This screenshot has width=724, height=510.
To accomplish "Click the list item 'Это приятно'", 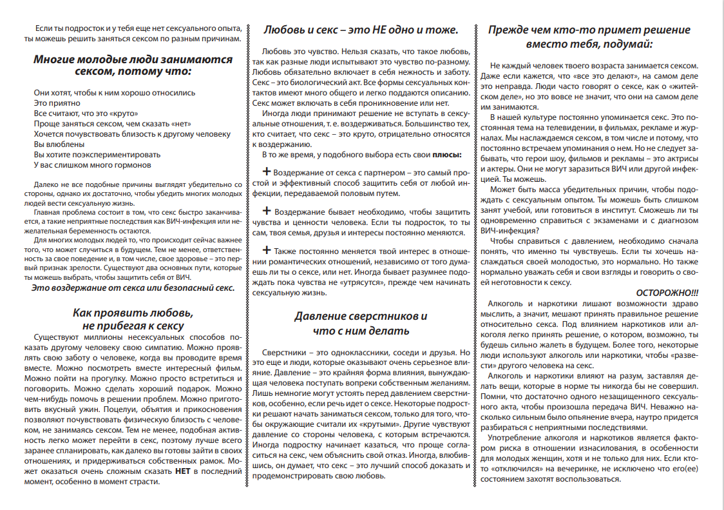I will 57,103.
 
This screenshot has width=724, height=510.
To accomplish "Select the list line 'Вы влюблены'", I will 59,144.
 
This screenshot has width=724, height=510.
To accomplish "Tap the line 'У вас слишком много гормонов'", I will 92,164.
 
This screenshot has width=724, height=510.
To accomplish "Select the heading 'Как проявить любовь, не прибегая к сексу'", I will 133,319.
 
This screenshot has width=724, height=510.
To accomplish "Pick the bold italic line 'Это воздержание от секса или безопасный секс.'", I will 133,287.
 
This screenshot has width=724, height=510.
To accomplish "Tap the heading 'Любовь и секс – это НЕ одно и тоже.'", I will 361,30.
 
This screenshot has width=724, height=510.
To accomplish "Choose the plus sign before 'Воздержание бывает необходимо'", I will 267,211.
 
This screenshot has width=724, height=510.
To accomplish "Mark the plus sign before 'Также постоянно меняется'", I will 267,250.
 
